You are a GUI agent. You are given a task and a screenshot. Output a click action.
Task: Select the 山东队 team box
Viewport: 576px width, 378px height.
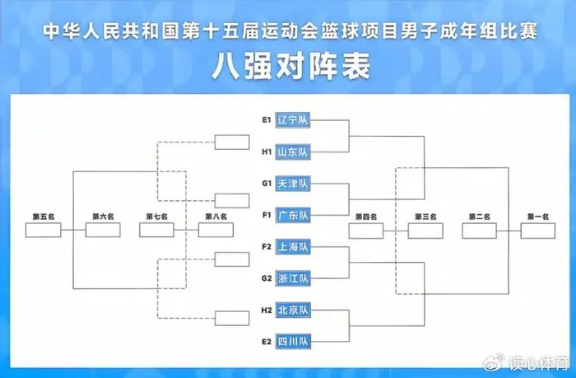pos(292,152)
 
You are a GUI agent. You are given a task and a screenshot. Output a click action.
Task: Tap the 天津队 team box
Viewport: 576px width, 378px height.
pos(292,184)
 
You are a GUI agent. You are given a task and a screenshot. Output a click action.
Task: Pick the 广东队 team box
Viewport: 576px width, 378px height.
pos(292,216)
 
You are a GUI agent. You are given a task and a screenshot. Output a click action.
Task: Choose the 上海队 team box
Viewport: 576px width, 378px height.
pos(292,246)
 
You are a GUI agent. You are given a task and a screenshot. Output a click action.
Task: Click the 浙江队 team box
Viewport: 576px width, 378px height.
pos(292,278)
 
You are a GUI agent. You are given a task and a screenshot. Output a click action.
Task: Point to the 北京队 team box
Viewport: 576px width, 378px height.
pos(292,310)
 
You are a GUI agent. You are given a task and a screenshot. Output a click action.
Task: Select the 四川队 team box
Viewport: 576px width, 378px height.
pos(292,341)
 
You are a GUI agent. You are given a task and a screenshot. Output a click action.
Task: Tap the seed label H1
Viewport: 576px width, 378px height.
pos(267,152)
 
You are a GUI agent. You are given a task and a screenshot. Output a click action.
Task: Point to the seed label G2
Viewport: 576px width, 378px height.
pos(267,278)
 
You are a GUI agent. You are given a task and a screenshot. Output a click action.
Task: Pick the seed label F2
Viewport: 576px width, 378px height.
pos(267,246)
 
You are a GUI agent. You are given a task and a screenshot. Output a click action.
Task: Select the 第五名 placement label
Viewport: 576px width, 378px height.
pos(43,217)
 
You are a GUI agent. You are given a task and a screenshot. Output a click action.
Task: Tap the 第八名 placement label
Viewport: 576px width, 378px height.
pos(216,217)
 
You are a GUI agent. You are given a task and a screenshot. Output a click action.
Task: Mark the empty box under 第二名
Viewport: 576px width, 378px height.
pos(479,231)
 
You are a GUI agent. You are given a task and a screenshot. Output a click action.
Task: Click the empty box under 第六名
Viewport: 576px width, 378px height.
pos(104,231)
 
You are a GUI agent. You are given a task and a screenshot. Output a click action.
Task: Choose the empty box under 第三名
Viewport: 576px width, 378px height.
pos(424,231)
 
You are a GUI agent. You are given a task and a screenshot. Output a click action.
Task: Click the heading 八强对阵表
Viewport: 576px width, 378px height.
pos(288,65)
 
